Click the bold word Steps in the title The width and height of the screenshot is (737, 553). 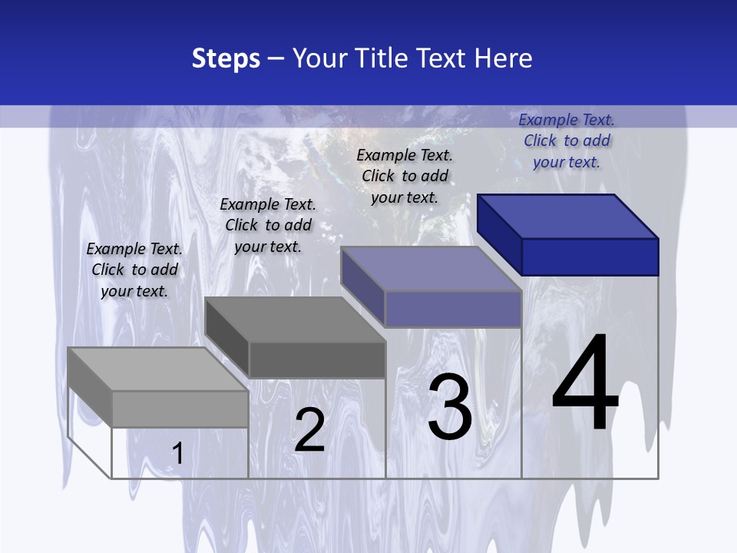(x=226, y=58)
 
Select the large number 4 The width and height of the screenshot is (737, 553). (x=585, y=384)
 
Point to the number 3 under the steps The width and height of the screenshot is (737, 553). (x=450, y=406)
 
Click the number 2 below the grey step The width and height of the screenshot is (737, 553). (x=309, y=429)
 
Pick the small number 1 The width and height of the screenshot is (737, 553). (x=177, y=453)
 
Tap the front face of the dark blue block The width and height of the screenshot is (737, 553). (x=590, y=257)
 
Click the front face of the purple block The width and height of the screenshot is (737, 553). (x=453, y=309)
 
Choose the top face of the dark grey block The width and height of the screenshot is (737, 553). (x=295, y=320)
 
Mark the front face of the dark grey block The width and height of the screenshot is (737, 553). (x=316, y=359)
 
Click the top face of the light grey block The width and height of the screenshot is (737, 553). (x=158, y=369)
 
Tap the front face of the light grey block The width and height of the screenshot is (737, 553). (x=180, y=409)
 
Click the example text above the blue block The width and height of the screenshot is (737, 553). (x=567, y=141)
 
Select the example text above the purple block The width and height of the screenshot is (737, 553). (x=405, y=176)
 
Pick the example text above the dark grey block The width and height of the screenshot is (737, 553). (x=268, y=225)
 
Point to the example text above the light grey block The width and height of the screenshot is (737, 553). (x=134, y=270)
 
